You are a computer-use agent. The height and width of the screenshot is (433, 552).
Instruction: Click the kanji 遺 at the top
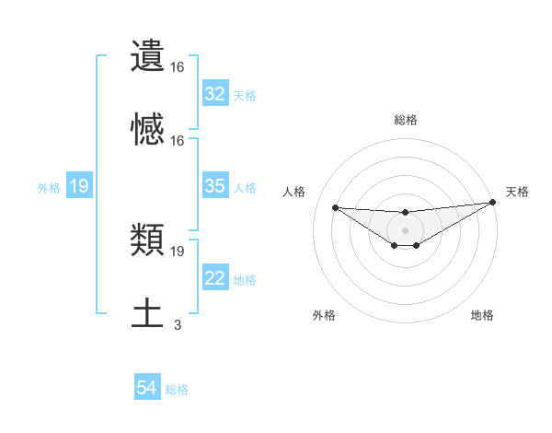(148, 56)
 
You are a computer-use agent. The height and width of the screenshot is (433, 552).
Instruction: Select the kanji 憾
(148, 130)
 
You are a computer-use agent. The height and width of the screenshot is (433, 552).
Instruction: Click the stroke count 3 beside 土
(178, 324)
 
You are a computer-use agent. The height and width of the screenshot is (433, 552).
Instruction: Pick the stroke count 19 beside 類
(178, 251)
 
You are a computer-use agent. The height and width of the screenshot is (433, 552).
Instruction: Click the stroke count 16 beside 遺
(178, 66)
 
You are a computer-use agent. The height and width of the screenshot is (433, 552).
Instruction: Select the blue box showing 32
(214, 94)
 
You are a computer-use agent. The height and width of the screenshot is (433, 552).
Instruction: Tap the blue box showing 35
(214, 186)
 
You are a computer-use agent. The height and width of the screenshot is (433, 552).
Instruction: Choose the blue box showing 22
(214, 278)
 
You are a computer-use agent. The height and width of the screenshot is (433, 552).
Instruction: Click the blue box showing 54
(147, 389)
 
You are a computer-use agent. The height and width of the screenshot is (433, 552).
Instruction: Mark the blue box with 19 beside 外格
(79, 187)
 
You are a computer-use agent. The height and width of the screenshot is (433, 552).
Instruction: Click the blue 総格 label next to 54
(177, 390)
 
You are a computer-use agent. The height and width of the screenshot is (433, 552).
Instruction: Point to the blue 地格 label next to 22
(245, 279)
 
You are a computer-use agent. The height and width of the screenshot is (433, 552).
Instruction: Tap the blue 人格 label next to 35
(245, 187)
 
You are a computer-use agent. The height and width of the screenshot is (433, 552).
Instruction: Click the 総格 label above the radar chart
(405, 120)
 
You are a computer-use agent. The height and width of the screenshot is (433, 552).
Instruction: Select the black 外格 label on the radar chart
(323, 315)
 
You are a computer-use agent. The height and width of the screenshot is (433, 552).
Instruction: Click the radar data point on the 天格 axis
(493, 203)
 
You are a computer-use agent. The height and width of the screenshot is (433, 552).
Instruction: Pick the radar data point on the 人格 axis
(335, 207)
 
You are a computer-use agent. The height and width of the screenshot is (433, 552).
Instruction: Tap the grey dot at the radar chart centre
(405, 230)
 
